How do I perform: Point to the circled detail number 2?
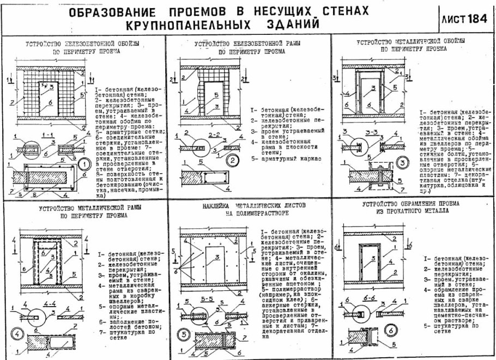coord(232,160)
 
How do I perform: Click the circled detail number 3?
coord(401,162)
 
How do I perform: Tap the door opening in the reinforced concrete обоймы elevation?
coord(48,96)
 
